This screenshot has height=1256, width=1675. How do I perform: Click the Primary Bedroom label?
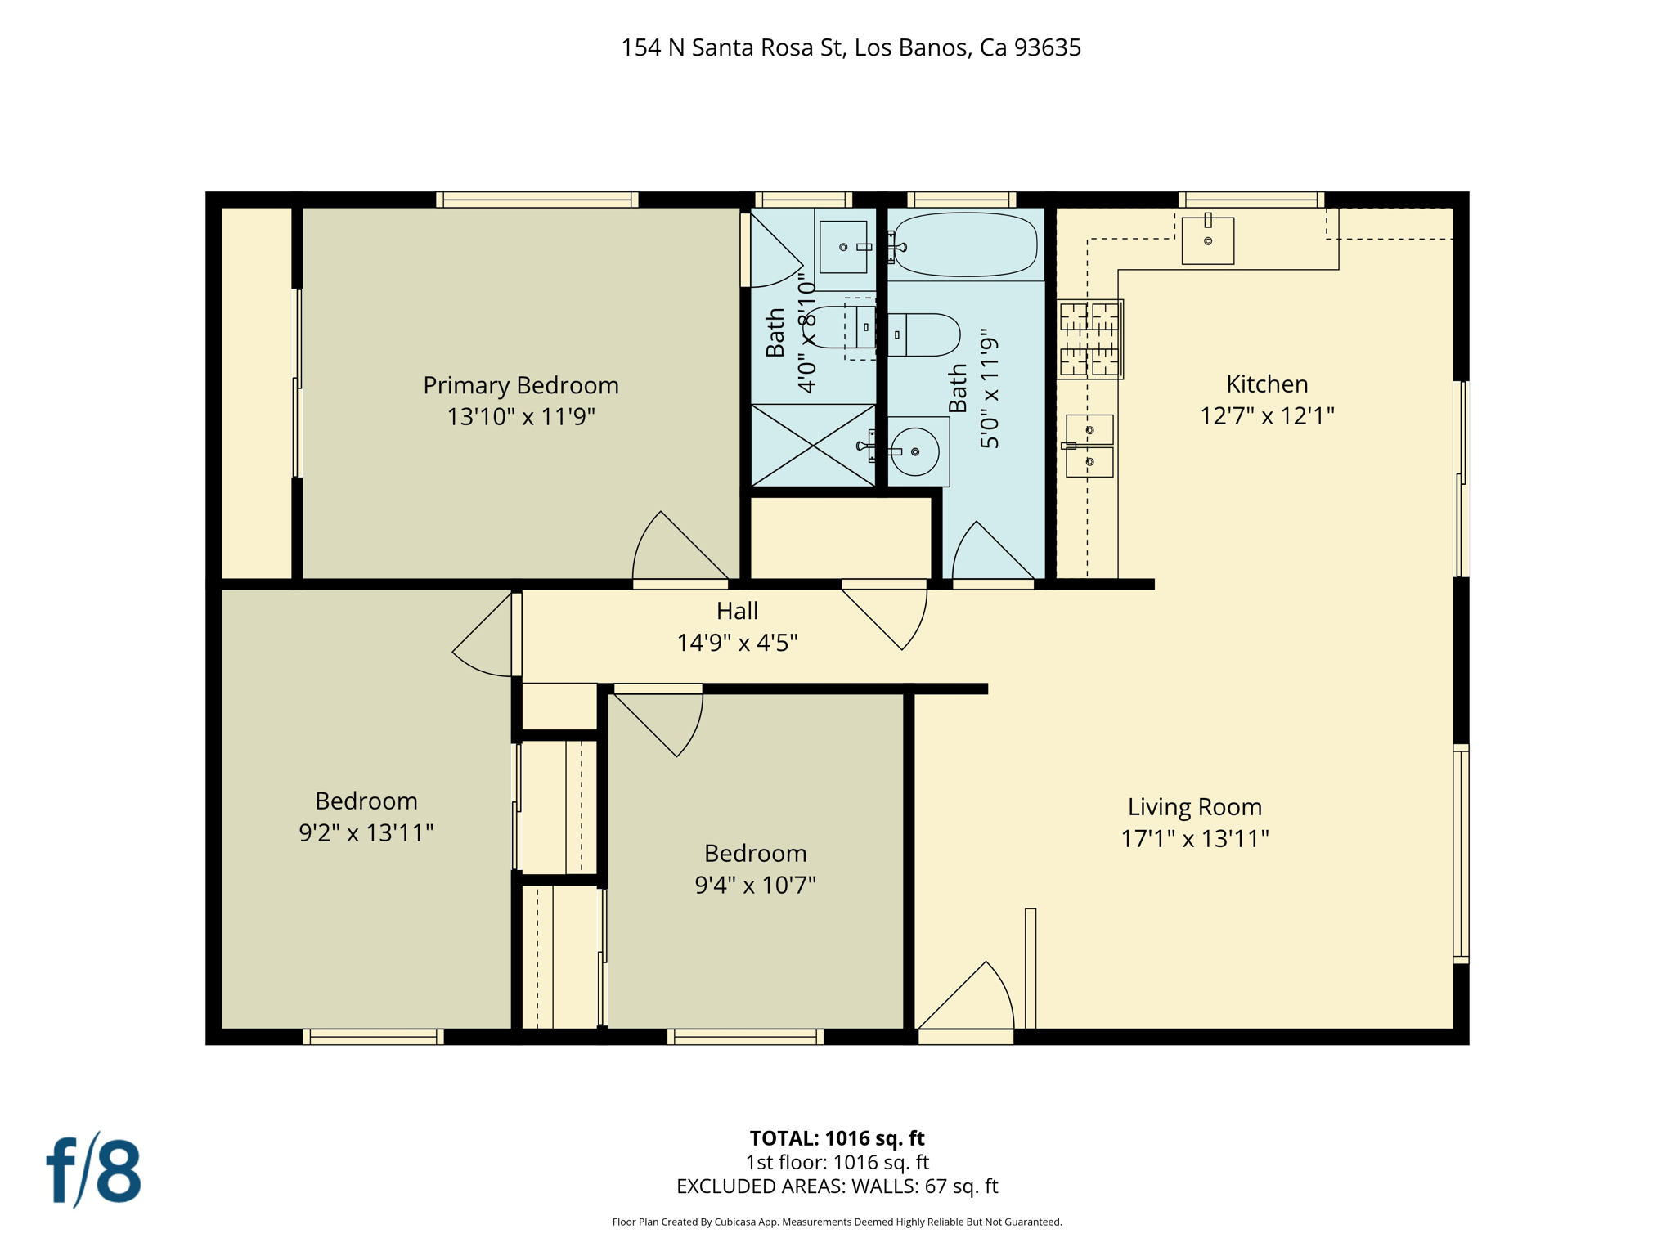click(x=520, y=385)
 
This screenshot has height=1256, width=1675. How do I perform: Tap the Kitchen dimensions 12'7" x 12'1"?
click(x=1266, y=416)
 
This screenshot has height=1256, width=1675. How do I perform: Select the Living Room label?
click(x=1194, y=807)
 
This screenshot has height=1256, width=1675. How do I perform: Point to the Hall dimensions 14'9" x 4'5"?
click(x=737, y=643)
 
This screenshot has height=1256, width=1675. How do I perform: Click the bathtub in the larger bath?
click(x=966, y=244)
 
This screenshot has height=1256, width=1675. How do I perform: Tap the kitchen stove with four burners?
click(x=1089, y=339)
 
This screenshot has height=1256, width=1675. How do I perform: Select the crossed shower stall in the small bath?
click(x=813, y=446)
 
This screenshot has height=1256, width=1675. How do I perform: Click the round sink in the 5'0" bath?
click(x=914, y=451)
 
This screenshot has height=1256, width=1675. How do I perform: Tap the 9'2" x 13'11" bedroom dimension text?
click(x=366, y=833)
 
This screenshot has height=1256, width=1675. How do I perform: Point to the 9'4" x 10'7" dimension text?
click(x=755, y=886)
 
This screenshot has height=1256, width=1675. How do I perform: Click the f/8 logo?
click(x=93, y=1171)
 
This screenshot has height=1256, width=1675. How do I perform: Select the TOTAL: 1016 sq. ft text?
click(x=837, y=1138)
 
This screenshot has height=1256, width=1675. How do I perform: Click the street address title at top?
click(x=851, y=48)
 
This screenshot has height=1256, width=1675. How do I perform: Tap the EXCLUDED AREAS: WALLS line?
click(x=837, y=1186)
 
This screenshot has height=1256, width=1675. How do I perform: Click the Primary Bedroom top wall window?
click(x=537, y=200)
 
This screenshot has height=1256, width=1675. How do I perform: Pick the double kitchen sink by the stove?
click(x=1089, y=446)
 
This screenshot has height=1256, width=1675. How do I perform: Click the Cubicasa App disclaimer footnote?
click(x=837, y=1222)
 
